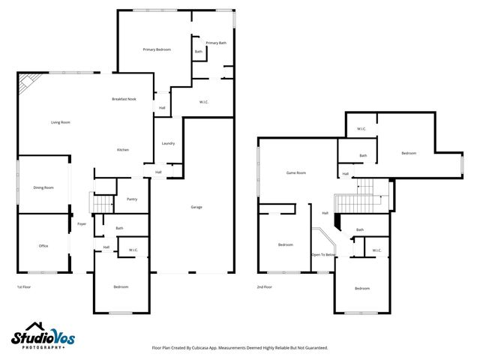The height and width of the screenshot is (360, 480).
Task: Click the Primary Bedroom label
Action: click(157, 49)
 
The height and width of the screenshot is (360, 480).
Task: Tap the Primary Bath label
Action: click(216, 43)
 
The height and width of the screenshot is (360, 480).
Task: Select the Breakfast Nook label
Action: click(124, 99)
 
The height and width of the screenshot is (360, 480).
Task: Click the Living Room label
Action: click(60, 122)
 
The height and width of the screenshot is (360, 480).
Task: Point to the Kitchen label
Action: click(122, 150)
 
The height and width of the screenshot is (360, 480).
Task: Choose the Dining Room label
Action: click(43, 187)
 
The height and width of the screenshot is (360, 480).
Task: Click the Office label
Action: click(43, 245)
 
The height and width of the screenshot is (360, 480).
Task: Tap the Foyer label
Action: click(81, 223)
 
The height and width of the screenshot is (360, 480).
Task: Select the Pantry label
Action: click(131, 199)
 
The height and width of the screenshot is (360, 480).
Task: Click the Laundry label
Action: click(168, 143)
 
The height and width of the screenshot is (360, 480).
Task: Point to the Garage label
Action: click(196, 207)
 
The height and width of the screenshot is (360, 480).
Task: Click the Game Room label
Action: click(296, 172)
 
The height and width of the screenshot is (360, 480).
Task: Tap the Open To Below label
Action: click(324, 255)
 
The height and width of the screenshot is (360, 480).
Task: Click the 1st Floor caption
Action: click(25, 287)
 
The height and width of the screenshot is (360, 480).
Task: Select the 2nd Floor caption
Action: click(264, 287)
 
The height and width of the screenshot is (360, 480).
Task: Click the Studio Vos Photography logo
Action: click(43, 336)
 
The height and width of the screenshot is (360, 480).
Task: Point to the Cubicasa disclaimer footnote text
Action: click(239, 347)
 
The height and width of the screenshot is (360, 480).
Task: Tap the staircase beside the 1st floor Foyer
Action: click(101, 202)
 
